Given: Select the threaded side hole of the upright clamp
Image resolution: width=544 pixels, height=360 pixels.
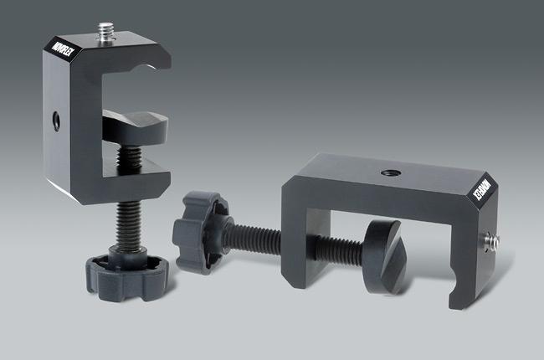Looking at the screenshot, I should pyautogui.click(x=55, y=120).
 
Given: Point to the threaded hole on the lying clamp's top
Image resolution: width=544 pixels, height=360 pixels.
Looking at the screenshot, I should pyautogui.click(x=389, y=173).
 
